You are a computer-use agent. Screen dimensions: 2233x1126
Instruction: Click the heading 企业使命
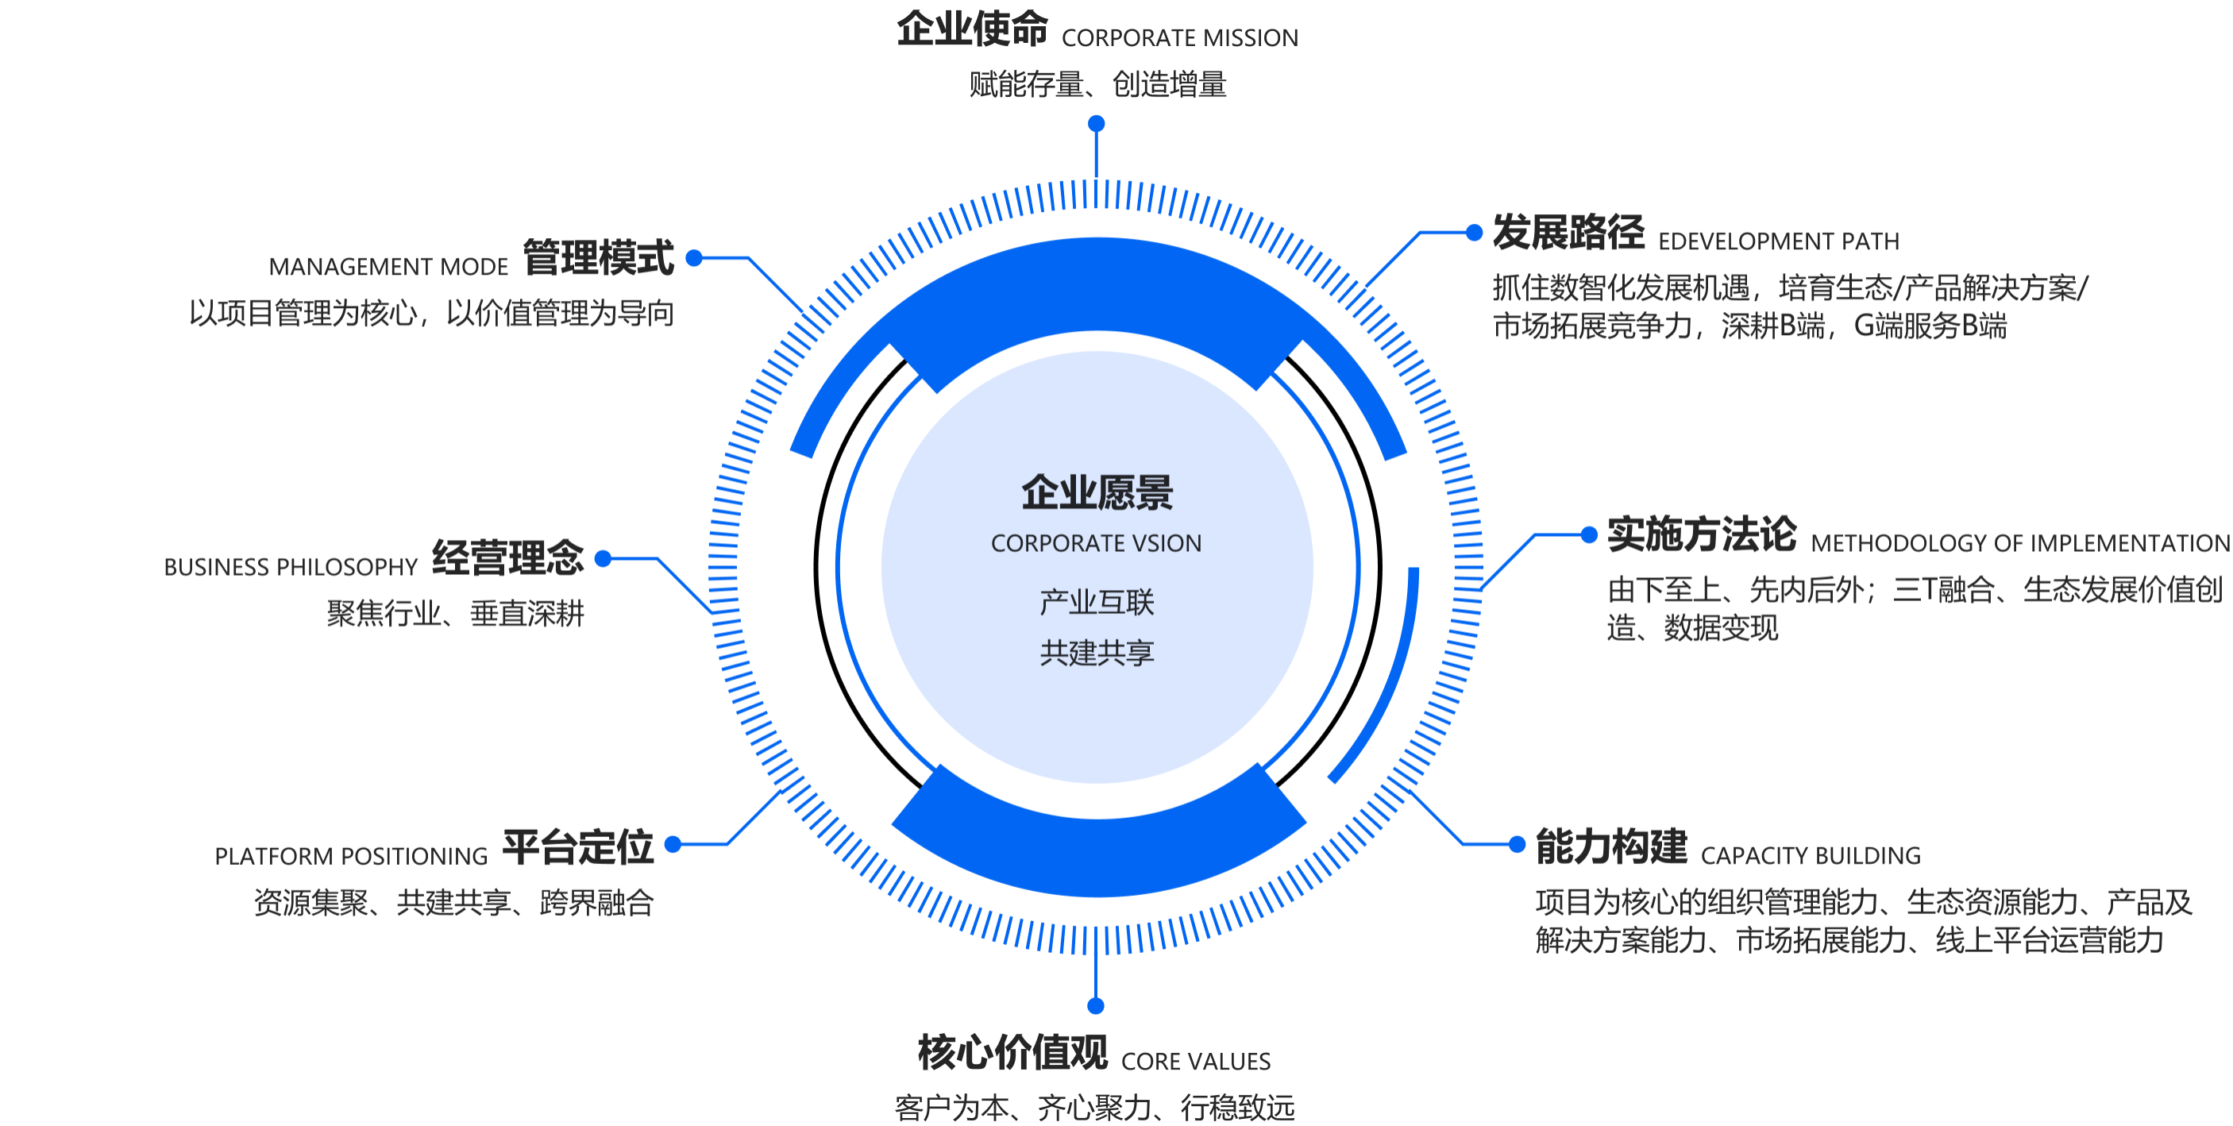coord(972,29)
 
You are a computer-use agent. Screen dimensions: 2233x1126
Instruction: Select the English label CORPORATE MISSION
coord(1180,38)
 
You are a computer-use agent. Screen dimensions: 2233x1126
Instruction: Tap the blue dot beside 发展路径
coord(1474,233)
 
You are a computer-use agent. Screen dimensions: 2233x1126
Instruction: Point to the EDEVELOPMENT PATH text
coord(1778,241)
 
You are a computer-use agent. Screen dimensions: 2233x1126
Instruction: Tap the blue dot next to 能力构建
coord(1517,844)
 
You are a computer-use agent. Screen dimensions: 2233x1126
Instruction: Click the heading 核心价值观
coord(1012,1052)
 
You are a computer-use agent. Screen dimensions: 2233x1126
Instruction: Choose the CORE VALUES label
coord(1195,1062)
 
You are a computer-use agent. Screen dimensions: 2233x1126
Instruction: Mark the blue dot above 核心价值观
coord(1096,1005)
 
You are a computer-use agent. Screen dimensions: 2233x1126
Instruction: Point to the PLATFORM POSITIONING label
coord(351,857)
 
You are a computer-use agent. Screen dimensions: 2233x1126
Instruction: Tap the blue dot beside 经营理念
coord(604,558)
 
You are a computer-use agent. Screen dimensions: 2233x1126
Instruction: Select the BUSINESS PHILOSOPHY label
coord(291,567)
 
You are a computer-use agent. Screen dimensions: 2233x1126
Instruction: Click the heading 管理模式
coord(598,257)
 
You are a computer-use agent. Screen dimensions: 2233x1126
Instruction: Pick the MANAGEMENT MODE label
coord(388,267)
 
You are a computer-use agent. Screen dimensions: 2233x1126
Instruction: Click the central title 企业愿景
coord(1097,492)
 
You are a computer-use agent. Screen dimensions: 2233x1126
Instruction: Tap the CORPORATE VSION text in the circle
coord(1097,543)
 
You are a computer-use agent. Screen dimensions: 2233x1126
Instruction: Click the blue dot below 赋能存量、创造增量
coord(1097,124)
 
